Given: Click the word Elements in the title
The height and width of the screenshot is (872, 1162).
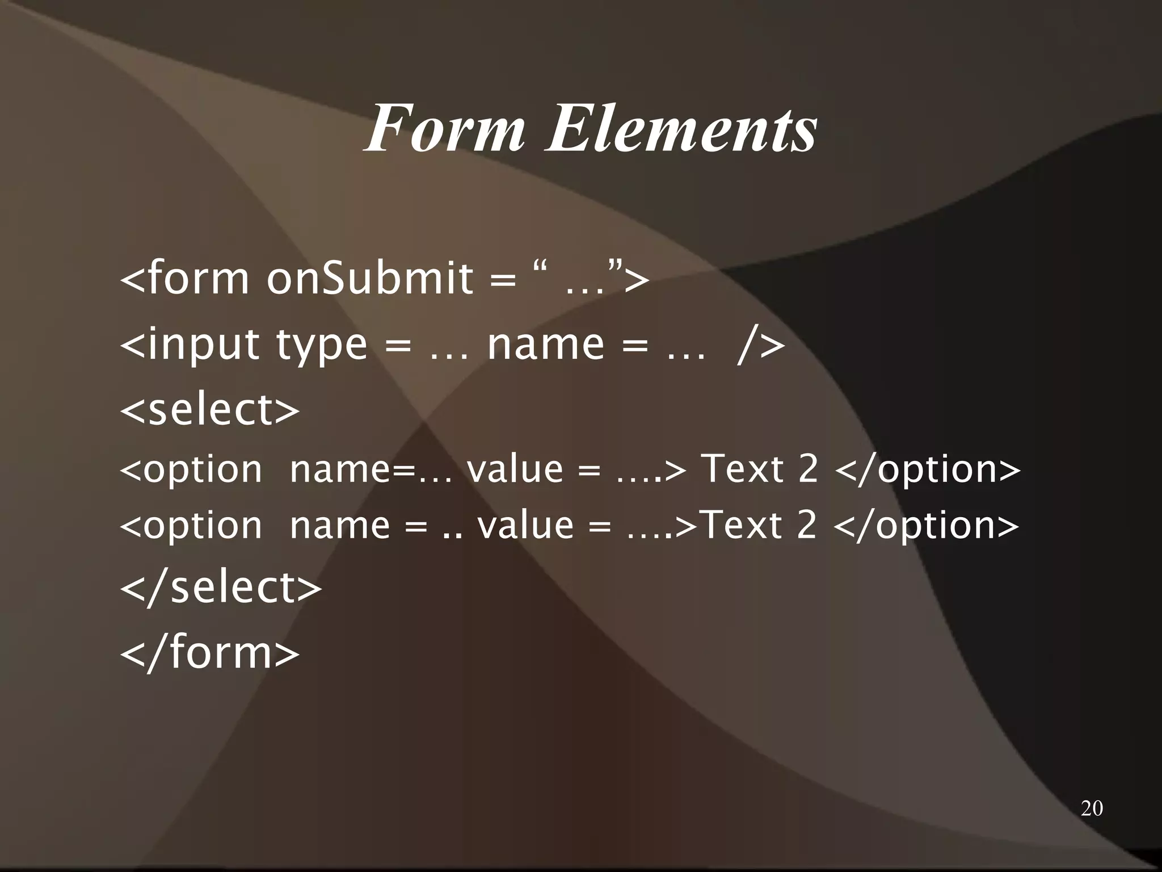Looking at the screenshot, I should click(680, 129).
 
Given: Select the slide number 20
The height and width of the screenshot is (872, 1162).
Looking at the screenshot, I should click(1092, 808).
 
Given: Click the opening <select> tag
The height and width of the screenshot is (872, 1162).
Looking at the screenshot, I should click(209, 409).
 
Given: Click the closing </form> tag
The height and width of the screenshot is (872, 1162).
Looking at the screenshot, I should click(209, 653).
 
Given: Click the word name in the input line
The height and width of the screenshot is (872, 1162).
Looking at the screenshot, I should click(546, 344).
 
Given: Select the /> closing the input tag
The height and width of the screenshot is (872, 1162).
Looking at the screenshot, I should click(761, 344).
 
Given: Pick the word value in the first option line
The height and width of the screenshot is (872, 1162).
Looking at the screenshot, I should click(515, 469).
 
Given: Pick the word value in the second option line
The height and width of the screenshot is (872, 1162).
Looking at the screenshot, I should click(525, 525).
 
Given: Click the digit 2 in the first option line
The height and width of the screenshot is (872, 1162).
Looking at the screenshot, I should click(808, 469).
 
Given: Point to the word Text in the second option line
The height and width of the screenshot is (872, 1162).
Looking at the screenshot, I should click(743, 525).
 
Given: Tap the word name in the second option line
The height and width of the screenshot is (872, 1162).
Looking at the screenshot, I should click(339, 525).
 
